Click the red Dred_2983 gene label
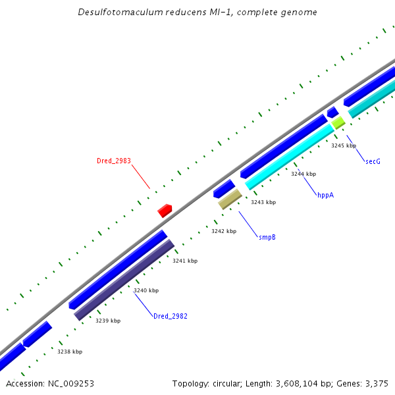(114, 161)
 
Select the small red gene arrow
(165, 211)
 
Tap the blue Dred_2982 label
(171, 316)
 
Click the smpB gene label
(267, 236)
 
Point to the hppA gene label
(326, 195)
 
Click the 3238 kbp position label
(70, 352)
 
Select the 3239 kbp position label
(108, 321)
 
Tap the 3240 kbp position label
(146, 290)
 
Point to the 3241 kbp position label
(185, 261)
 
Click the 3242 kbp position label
(224, 231)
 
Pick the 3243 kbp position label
(263, 202)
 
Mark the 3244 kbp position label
(303, 174)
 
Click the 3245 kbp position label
(344, 145)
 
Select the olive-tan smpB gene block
(230, 199)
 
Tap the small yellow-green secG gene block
(338, 122)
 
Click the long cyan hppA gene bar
(290, 157)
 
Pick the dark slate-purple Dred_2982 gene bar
(124, 280)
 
